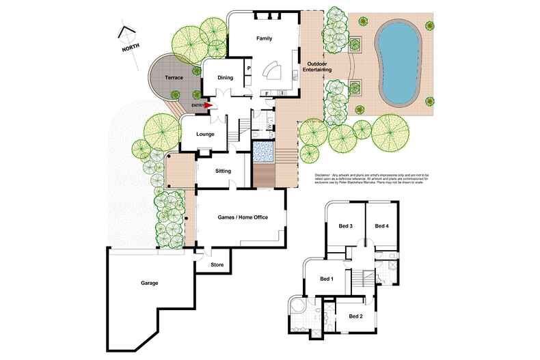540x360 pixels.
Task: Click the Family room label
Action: point(264,38)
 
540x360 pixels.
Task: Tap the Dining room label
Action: point(226,78)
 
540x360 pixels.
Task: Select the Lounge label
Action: point(205,134)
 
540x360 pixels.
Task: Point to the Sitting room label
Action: point(223,171)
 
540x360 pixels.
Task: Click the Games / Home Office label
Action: point(242,217)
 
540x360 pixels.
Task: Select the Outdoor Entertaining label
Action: point(319,67)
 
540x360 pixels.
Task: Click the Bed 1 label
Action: point(327,278)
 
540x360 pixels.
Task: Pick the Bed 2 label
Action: point(355,316)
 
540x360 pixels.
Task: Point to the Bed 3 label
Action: point(345,226)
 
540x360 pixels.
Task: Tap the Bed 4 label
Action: point(381,226)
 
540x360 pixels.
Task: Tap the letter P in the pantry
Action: point(249,68)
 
